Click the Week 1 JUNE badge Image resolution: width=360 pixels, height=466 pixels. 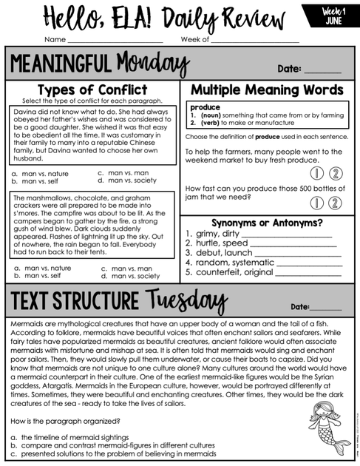(x=334, y=16)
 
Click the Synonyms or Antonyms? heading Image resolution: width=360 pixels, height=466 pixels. (x=267, y=223)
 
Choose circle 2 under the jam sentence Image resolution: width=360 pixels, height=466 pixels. (x=333, y=201)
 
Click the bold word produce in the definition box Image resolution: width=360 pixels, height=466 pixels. (x=205, y=107)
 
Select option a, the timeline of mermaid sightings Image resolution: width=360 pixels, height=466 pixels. (x=69, y=437)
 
